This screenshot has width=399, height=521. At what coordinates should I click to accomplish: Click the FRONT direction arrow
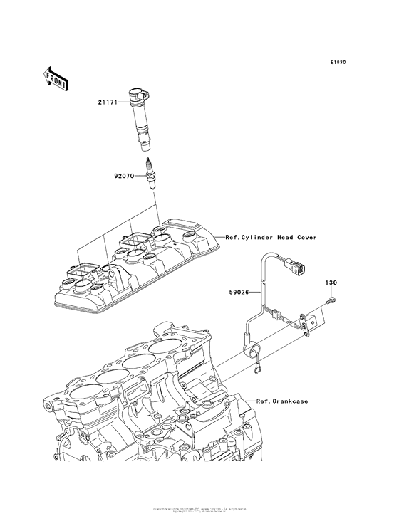pyautogui.click(x=56, y=78)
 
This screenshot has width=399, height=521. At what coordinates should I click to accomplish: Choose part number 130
pyautogui.click(x=331, y=283)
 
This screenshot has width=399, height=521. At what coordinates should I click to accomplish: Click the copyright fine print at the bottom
pyautogui.click(x=199, y=511)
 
